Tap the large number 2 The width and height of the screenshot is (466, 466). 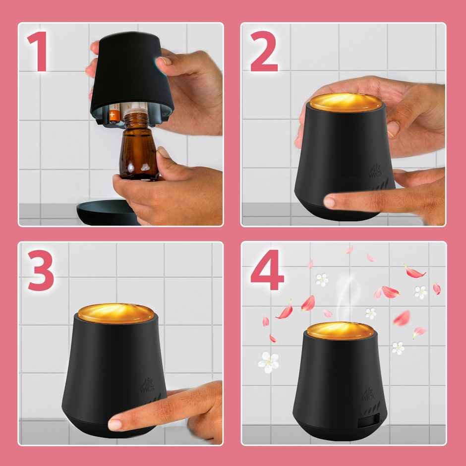264,52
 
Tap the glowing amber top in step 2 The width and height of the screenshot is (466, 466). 346,102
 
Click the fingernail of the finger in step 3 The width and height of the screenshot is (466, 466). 115,424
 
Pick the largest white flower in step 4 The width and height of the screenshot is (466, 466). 268,361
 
